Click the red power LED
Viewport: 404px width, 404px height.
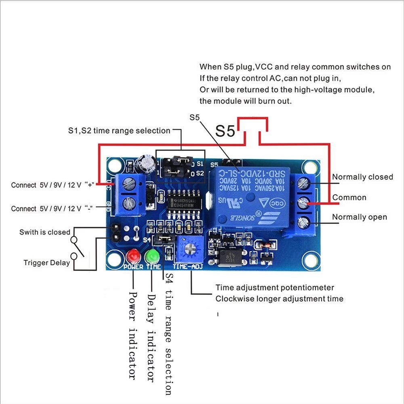pos(133,256)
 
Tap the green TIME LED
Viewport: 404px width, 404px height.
pos(153,256)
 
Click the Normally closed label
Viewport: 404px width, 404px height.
pos(362,177)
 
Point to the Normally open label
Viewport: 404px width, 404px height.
pos(359,217)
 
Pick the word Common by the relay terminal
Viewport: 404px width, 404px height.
pos(349,198)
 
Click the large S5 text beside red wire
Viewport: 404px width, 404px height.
pos(225,131)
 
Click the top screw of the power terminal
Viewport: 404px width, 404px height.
pos(128,183)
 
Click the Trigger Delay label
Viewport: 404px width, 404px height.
pos(46,263)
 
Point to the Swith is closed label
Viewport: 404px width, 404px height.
pos(44,232)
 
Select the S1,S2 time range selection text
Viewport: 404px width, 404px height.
pos(119,131)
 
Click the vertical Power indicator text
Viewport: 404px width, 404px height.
pos(133,335)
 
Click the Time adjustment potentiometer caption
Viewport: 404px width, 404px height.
pos(275,288)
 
